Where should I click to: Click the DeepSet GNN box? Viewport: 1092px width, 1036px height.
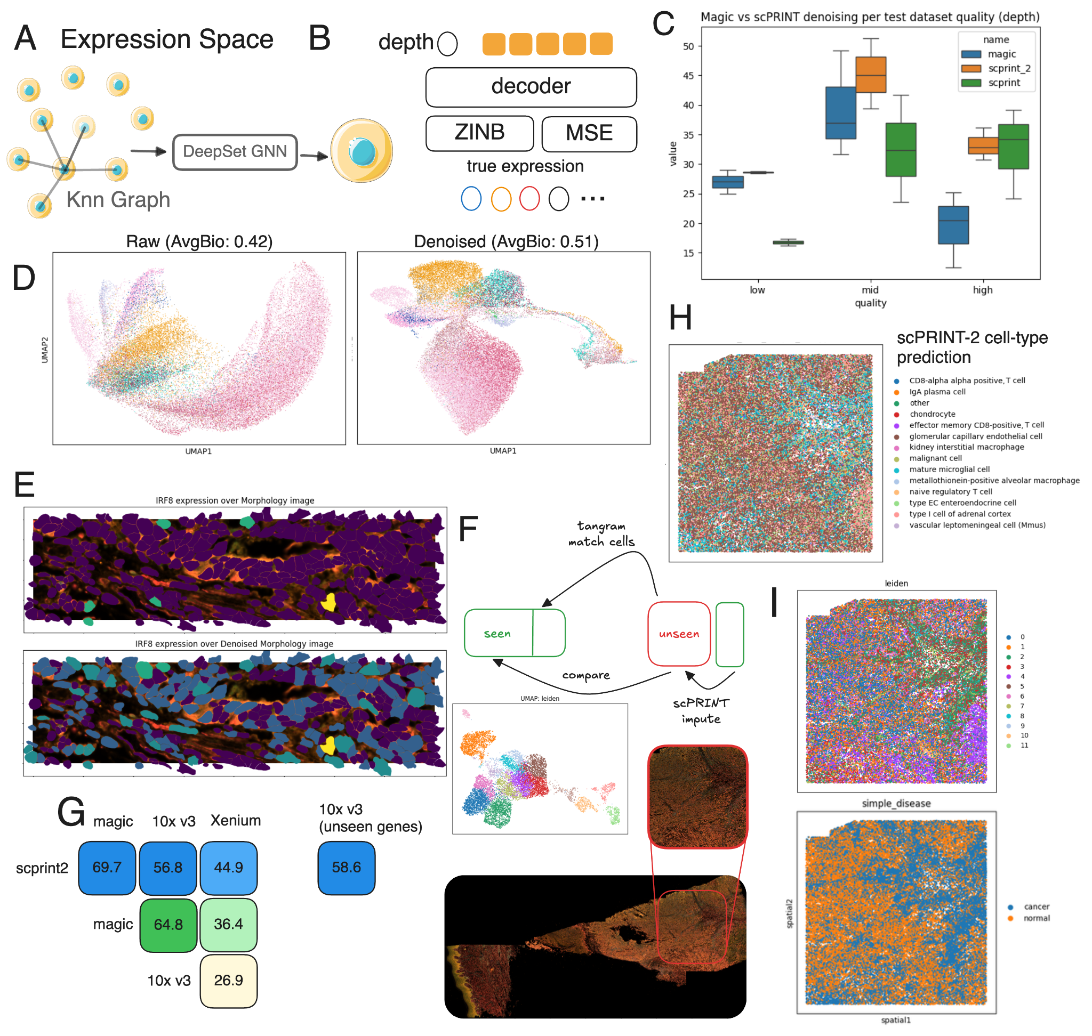coord(235,152)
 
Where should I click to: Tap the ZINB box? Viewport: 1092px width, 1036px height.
coord(480,133)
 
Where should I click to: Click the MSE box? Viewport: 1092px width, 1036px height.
coord(590,134)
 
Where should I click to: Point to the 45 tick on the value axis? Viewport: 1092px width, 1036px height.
coord(688,76)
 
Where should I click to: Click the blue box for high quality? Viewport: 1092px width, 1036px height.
coord(954,225)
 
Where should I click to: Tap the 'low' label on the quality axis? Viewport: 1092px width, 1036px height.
coord(758,290)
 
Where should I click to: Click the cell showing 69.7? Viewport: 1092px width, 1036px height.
coord(107,868)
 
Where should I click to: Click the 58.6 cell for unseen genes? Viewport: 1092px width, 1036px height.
coord(347,868)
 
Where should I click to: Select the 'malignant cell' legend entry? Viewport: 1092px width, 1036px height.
coord(936,458)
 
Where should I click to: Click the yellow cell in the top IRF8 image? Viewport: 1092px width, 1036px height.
coord(330,602)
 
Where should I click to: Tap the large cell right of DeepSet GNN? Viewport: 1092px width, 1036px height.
coord(362,151)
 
